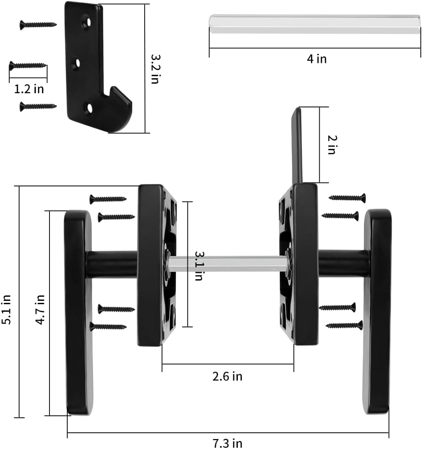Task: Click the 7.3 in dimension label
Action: [x=227, y=444]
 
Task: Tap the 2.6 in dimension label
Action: [x=227, y=377]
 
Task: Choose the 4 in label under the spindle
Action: [x=316, y=59]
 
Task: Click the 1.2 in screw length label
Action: [x=29, y=89]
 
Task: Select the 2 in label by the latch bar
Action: [x=331, y=145]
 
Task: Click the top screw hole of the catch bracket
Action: [x=86, y=21]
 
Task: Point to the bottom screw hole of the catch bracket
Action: [x=89, y=108]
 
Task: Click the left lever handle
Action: [x=78, y=312]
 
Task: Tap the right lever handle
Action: [x=378, y=312]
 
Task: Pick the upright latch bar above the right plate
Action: [x=296, y=146]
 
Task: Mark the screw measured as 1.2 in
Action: [x=28, y=65]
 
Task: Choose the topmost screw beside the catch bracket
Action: [x=38, y=25]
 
